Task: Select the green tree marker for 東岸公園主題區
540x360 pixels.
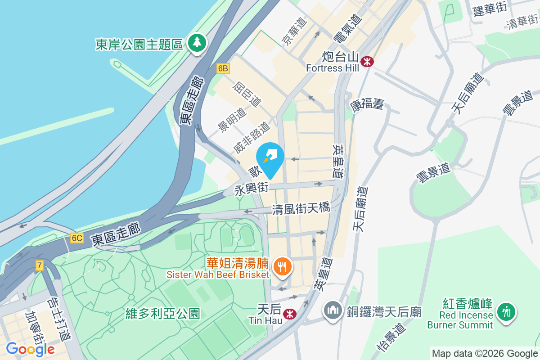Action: pos(197,43)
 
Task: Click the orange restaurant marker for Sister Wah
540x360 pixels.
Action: pos(282,266)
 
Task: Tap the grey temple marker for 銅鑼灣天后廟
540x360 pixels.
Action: pos(333,310)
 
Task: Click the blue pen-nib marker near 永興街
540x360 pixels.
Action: pos(270,158)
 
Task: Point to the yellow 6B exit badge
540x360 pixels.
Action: pos(223,68)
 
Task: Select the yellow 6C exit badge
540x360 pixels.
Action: pos(76,238)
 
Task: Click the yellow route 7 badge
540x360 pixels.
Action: pos(40,265)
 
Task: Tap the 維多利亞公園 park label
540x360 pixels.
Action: pos(163,313)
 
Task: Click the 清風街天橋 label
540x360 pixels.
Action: pos(301,208)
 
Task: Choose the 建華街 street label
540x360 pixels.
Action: pos(490,10)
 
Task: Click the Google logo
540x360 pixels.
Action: pos(30,349)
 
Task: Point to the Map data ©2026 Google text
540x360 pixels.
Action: pos(484,353)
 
